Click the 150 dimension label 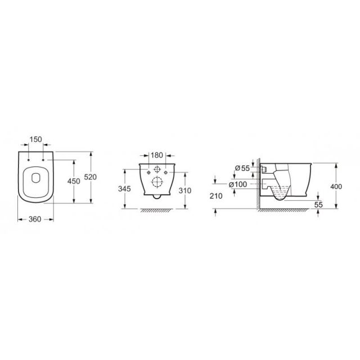[x=36, y=139]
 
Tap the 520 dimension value [x=90, y=177]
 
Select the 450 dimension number [x=74, y=181]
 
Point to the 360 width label [x=35, y=219]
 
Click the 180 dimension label [x=157, y=155]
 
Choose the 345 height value [x=124, y=189]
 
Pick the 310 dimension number [x=185, y=191]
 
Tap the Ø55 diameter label [x=242, y=168]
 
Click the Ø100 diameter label [x=238, y=184]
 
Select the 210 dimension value [x=216, y=196]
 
